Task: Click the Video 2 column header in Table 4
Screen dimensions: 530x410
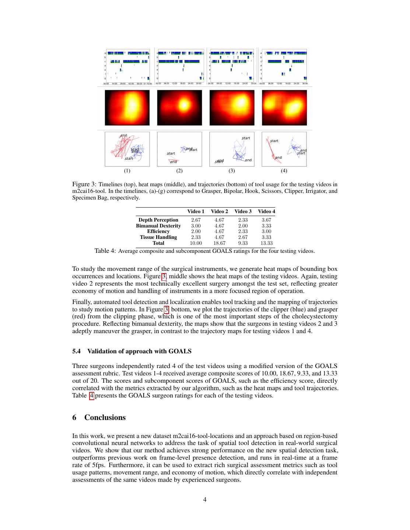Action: pos(219,211)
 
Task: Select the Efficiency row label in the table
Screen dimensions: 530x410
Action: pos(158,232)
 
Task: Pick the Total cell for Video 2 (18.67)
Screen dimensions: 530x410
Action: pos(219,243)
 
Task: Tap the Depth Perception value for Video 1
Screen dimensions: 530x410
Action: pos(196,220)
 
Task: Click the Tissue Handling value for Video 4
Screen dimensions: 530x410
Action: pos(266,237)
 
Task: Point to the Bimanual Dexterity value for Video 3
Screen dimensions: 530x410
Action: pos(243,226)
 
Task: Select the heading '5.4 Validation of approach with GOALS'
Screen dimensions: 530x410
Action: pos(132,351)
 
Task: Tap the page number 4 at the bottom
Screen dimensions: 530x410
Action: pos(205,499)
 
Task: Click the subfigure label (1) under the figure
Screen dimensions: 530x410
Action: pos(127,170)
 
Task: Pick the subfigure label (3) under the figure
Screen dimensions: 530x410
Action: pos(232,170)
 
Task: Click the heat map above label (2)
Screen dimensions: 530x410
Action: pos(179,108)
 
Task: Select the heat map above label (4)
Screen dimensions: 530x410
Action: pos(284,108)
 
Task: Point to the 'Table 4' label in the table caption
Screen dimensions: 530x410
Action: pos(105,251)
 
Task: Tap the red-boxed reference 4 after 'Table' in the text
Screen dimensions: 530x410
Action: pos(92,396)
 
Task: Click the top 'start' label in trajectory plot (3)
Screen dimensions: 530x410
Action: pos(246,138)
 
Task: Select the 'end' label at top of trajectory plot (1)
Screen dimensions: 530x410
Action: pos(124,135)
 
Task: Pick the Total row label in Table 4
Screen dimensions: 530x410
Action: pos(158,243)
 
